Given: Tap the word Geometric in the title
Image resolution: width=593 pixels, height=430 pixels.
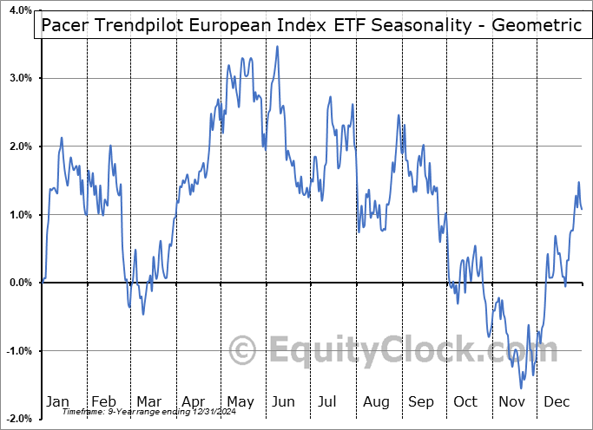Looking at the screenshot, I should point(537,24).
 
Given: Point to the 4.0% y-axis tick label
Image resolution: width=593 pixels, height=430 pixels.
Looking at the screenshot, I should point(19,10).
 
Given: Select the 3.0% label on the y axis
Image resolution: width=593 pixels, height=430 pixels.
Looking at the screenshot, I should point(19,78).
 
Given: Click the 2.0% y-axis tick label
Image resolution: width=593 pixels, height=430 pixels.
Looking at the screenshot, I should point(19,147).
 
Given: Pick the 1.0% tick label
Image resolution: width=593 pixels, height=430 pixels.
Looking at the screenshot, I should point(19,215).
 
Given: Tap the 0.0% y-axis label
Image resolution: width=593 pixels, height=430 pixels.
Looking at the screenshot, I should point(19,283).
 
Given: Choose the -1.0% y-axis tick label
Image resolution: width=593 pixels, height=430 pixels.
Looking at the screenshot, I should point(17,351).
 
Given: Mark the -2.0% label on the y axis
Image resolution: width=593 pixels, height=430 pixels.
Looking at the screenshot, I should point(17,419).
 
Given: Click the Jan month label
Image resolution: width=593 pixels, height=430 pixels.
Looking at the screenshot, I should point(57,401).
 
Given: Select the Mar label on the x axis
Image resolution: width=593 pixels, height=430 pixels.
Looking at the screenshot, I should point(148,401).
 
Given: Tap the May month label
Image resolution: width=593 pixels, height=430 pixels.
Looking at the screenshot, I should point(240,401).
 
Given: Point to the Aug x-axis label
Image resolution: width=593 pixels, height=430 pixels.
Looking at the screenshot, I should point(377,401).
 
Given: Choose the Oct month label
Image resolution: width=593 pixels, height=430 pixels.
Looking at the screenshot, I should point(466,401).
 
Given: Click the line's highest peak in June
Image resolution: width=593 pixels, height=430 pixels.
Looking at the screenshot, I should point(277,46).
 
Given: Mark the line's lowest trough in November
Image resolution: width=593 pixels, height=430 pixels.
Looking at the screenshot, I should point(522,388).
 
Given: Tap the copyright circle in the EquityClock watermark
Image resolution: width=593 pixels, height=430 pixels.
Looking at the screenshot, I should point(243,350).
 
